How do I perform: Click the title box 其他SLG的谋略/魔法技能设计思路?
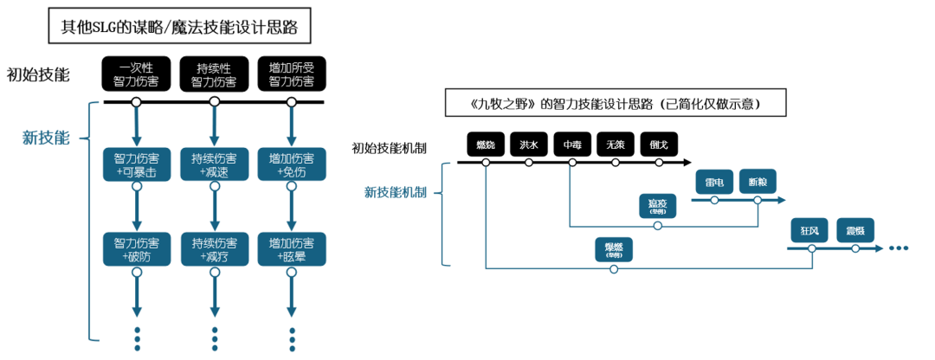(x=179, y=26)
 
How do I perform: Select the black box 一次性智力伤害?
(x=136, y=74)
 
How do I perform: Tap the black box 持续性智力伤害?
(x=214, y=74)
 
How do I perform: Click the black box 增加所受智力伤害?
(x=292, y=74)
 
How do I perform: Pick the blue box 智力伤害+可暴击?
(x=136, y=165)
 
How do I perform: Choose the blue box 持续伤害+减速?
(x=214, y=165)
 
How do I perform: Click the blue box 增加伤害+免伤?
(x=292, y=165)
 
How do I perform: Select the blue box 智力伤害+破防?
(x=136, y=248)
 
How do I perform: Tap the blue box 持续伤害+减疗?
(x=214, y=248)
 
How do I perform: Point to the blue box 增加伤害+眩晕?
(x=292, y=248)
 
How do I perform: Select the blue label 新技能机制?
(x=395, y=191)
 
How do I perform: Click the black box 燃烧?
(x=486, y=145)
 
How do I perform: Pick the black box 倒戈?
(x=659, y=145)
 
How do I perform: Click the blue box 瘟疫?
(x=658, y=206)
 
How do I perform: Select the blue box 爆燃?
(x=614, y=249)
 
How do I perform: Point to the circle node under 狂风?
(x=811, y=247)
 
